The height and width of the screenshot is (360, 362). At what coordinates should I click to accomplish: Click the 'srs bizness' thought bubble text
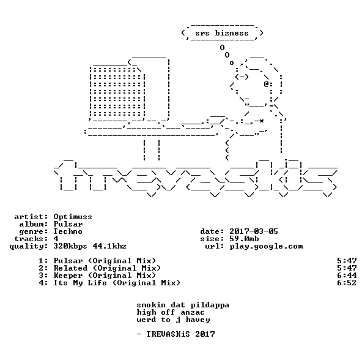pyautogui.click(x=222, y=33)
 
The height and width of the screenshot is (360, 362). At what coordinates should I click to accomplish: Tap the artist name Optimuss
pyautogui.click(x=73, y=217)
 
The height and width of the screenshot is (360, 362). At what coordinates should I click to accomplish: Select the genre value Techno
pyautogui.click(x=68, y=231)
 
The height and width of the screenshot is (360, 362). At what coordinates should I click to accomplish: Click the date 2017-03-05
pyautogui.click(x=254, y=231)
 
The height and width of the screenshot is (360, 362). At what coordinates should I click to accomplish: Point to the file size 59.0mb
pyautogui.click(x=244, y=239)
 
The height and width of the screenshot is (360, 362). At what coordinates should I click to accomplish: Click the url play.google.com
pyautogui.click(x=266, y=247)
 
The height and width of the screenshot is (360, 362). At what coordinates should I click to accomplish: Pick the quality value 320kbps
pyautogui.click(x=70, y=247)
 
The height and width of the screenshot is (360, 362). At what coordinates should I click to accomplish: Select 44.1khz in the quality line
pyautogui.click(x=109, y=246)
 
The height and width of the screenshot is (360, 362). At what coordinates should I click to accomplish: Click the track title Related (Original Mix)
pyautogui.click(x=107, y=268)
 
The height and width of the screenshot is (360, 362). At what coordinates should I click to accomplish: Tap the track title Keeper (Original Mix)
pyautogui.click(x=105, y=276)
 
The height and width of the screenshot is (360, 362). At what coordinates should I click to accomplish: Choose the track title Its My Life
pyautogui.click(x=80, y=283)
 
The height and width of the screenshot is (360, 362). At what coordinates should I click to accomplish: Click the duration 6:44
pyautogui.click(x=347, y=276)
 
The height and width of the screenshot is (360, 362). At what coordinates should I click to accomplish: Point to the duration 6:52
pyautogui.click(x=347, y=283)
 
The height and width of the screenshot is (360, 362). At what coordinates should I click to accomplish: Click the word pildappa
pyautogui.click(x=210, y=305)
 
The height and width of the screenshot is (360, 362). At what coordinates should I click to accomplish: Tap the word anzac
pyautogui.click(x=193, y=313)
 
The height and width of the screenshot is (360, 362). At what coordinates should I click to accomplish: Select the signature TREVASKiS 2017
pyautogui.click(x=180, y=334)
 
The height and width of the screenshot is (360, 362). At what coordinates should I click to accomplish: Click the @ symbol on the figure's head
pyautogui.click(x=267, y=84)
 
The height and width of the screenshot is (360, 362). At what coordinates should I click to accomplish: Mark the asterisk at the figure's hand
pyautogui.click(x=261, y=121)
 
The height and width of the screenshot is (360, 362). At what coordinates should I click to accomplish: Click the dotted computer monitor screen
pyautogui.click(x=116, y=92)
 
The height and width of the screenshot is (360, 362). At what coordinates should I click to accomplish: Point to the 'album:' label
pyautogui.click(x=34, y=224)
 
